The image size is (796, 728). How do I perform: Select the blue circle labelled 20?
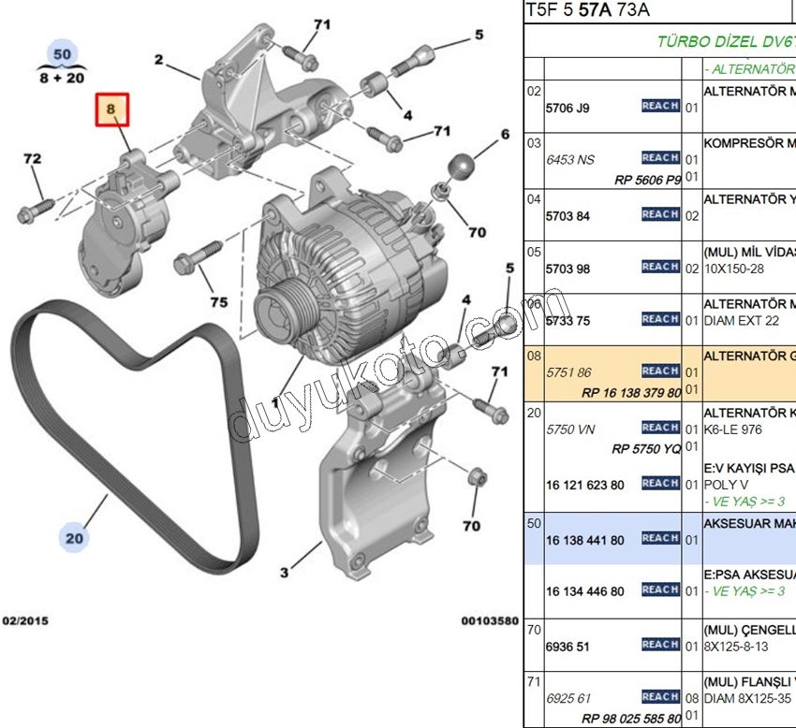click(74, 537)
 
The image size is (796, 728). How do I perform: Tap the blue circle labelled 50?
click(62, 54)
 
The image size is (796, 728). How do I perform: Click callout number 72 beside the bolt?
click(33, 160)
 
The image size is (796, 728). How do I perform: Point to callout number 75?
click(218, 302)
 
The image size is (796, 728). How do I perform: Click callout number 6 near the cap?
click(505, 135)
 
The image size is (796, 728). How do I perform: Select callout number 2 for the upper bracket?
click(159, 60)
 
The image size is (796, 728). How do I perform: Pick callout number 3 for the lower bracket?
click(285, 572)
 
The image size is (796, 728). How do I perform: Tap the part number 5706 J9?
click(568, 108)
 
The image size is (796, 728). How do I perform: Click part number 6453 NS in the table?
click(570, 160)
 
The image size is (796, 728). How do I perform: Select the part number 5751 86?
click(568, 372)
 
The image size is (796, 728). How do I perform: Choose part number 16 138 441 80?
click(584, 539)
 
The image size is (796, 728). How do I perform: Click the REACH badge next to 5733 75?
click(660, 319)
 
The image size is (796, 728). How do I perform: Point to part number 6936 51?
click(568, 645)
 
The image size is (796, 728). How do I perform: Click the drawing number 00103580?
click(489, 620)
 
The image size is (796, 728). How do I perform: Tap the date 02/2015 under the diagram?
click(25, 620)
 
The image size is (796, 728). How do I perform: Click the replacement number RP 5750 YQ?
click(646, 448)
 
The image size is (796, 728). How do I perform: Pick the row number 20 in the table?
click(534, 413)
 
